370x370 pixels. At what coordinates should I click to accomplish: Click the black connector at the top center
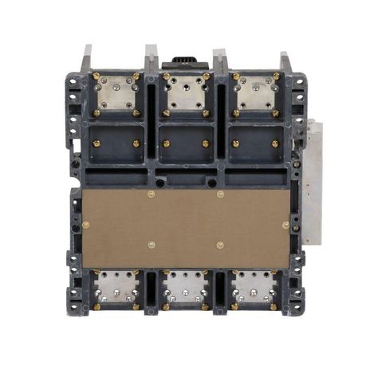pos(184,63)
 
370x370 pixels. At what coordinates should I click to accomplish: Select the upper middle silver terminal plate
pos(185,94)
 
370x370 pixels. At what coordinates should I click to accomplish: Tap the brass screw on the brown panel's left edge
pos(86,226)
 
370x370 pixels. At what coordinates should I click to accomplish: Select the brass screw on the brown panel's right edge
pos(285,226)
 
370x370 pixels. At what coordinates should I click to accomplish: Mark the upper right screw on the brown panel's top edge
pos(220,195)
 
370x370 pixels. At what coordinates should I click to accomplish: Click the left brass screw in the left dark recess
pos(99,144)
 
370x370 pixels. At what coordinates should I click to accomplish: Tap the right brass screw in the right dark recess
pos(274,144)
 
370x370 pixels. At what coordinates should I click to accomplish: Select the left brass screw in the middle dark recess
pos(167,144)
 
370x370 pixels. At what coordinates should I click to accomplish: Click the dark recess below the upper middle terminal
pos(185,144)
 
